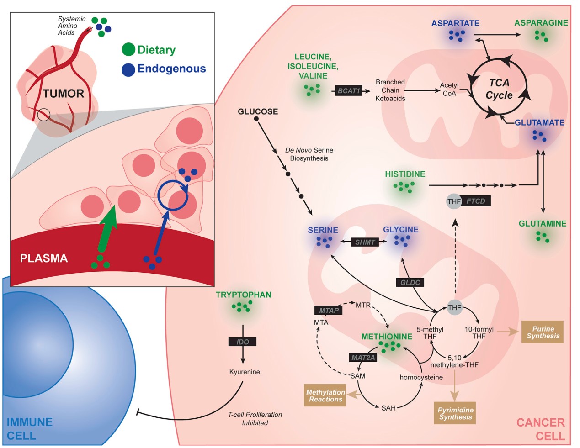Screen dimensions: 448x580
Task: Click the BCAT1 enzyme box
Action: click(x=349, y=91)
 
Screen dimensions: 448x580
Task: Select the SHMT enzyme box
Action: click(x=365, y=242)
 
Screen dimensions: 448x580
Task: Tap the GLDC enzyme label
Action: click(x=410, y=282)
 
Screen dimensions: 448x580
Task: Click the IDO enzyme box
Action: click(x=243, y=342)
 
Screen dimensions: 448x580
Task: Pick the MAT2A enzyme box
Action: click(x=363, y=358)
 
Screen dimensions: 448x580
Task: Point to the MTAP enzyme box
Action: click(x=329, y=310)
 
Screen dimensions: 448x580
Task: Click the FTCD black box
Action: click(x=475, y=201)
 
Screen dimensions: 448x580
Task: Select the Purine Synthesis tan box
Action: click(x=543, y=332)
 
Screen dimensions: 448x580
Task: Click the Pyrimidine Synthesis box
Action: click(x=455, y=413)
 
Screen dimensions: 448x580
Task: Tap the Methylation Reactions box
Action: click(x=325, y=395)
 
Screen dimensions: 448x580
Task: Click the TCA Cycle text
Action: click(x=499, y=89)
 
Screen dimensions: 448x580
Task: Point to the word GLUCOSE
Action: click(x=258, y=111)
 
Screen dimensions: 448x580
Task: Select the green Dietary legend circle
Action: click(x=128, y=50)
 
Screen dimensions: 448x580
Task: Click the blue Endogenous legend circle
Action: click(x=128, y=69)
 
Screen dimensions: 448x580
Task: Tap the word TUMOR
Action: click(x=64, y=94)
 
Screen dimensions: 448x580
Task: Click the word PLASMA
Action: click(x=44, y=258)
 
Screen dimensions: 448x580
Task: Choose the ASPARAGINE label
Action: click(x=541, y=23)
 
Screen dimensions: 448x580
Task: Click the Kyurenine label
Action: click(x=245, y=372)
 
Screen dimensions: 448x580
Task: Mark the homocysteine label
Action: click(x=421, y=377)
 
